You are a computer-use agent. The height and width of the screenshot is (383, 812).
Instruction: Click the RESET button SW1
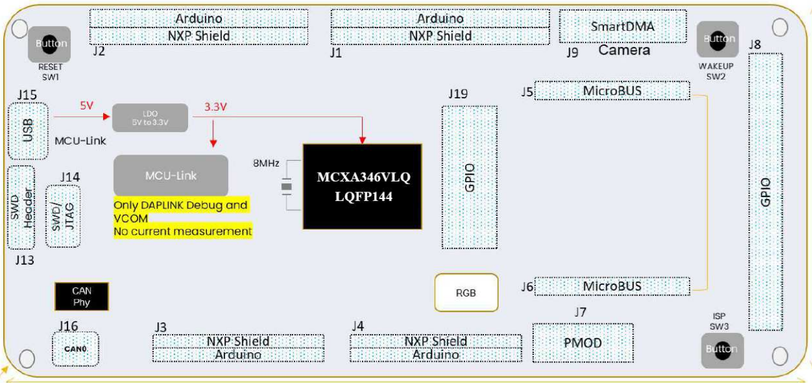point(49,44)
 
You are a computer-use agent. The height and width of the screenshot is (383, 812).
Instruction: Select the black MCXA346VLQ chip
point(363,186)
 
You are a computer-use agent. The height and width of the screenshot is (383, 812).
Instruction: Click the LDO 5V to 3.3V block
point(150,118)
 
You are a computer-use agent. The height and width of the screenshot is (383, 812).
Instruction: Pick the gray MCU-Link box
point(171,175)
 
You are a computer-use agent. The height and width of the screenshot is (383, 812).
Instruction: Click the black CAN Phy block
point(81,297)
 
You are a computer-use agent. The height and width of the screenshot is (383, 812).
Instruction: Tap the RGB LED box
point(467,293)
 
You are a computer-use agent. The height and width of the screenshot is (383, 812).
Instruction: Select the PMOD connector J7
point(583,343)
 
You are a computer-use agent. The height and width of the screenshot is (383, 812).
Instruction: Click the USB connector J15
point(28,131)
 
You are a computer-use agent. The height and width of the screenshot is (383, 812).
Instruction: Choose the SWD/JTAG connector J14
point(63,216)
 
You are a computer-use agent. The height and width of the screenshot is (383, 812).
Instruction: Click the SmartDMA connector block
point(622,27)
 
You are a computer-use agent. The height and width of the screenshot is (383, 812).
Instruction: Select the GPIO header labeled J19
point(469,177)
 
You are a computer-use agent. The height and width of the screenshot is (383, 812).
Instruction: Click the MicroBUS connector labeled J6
point(612,286)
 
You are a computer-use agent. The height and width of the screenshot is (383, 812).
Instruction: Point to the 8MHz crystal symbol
point(286,186)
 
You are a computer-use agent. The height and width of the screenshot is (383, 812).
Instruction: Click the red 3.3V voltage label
point(216,106)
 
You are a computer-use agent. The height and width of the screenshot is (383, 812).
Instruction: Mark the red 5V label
point(86,106)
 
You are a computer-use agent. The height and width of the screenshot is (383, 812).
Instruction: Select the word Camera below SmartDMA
point(624,50)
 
